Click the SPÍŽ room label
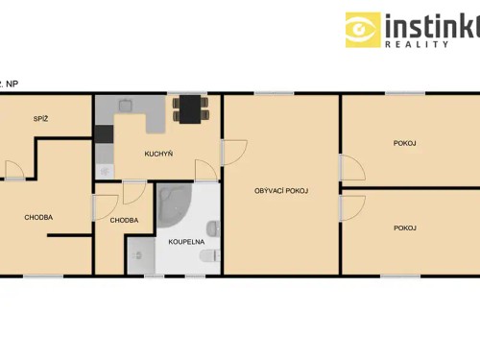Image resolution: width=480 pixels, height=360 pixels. click(40, 119)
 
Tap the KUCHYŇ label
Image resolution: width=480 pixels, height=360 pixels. click(158, 154)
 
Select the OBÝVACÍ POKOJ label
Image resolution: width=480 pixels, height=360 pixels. click(281, 191)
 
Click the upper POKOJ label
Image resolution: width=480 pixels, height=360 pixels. click(404, 143)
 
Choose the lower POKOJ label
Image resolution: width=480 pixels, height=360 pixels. click(404, 228)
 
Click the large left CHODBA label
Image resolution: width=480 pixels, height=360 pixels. click(38, 217)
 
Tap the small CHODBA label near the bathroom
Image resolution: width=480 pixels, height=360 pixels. click(124, 220)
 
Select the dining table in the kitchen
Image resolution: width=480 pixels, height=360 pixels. click(189, 108)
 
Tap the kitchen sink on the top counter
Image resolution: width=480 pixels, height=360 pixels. click(127, 106)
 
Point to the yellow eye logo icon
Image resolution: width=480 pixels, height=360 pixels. click(363, 30)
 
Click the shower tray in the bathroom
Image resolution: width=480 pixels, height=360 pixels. click(139, 255)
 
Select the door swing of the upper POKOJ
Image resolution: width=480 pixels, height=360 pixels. click(351, 168)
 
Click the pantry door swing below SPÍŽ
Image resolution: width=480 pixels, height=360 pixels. click(14, 171)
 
